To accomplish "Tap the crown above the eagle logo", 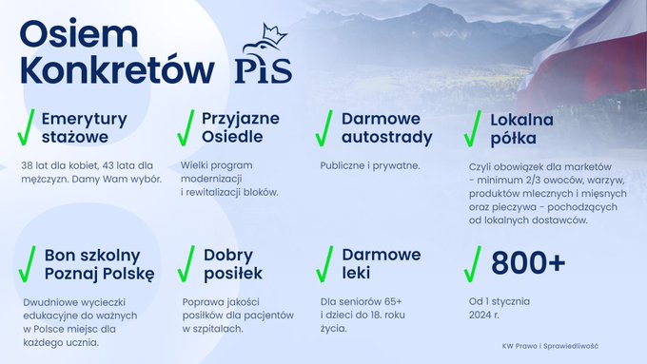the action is point(274,34).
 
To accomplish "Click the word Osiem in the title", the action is point(79,34).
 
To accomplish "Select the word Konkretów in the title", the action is point(117,69).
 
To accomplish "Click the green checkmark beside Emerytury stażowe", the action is point(26,127).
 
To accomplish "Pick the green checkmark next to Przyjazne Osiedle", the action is point(186,127).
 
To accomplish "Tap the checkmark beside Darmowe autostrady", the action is point(323,128).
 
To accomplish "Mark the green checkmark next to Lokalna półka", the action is point(473,128).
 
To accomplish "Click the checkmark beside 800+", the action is point(473,264).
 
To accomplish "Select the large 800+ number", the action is point(528,262).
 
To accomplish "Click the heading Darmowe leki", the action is point(382,263).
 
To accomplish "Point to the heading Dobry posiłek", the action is point(233,264).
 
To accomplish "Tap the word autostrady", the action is point(387,137).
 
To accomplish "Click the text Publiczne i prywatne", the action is point(370,165).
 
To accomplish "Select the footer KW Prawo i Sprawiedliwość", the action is point(550,346).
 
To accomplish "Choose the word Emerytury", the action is point(84,120).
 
